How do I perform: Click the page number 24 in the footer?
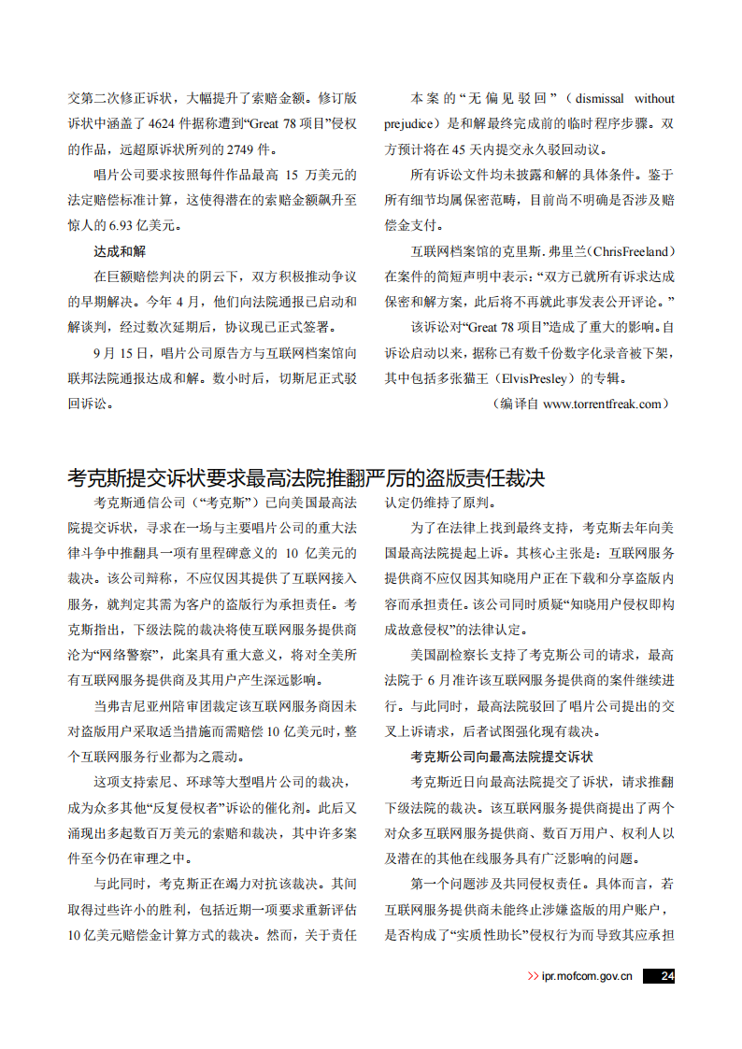pyautogui.click(x=666, y=976)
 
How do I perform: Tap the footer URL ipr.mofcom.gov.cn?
pyautogui.click(x=587, y=976)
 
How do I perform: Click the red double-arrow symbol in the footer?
pyautogui.click(x=533, y=976)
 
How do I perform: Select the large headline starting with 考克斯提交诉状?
pyautogui.click(x=307, y=479)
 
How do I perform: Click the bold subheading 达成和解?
pyautogui.click(x=120, y=251)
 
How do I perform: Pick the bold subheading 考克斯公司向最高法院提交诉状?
pyautogui.click(x=502, y=757)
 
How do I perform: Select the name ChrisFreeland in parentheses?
pyautogui.click(x=629, y=251)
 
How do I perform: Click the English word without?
pyautogui.click(x=654, y=99)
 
